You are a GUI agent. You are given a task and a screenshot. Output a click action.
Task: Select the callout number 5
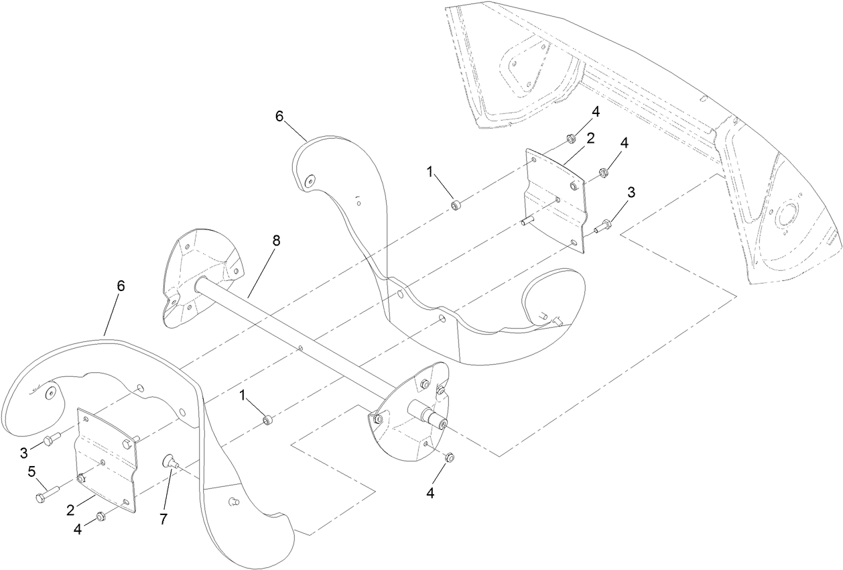click(x=31, y=471)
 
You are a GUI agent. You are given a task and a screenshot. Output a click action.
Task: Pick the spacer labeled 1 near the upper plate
click(x=456, y=204)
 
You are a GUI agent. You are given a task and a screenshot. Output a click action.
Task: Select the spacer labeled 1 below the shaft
click(x=267, y=420)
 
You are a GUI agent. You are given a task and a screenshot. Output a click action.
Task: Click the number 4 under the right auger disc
click(x=430, y=493)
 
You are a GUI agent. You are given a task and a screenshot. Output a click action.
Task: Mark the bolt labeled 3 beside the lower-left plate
click(x=50, y=440)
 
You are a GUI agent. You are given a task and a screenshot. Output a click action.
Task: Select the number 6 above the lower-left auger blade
click(x=121, y=286)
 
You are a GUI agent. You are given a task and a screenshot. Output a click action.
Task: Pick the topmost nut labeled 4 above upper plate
click(x=570, y=139)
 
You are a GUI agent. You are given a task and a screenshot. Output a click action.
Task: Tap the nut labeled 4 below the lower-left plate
click(x=100, y=516)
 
